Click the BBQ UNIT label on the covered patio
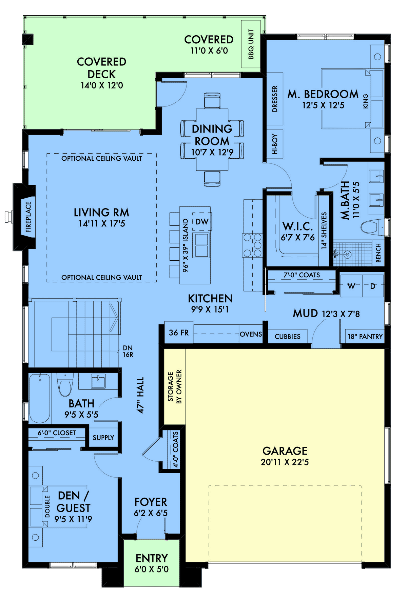251,44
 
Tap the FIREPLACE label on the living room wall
28,217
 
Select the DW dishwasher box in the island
202,222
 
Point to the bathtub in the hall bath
40,398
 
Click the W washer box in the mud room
351,286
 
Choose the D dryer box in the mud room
373,286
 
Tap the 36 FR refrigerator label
179,333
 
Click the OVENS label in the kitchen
251,334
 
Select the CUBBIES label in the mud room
288,337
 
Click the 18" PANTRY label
365,337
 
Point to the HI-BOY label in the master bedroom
275,144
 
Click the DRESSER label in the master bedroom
275,99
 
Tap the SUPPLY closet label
103,438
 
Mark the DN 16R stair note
128,351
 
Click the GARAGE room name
285,451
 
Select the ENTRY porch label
152,558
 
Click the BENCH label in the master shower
379,253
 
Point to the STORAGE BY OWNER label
175,386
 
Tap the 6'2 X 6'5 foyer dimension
151,513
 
